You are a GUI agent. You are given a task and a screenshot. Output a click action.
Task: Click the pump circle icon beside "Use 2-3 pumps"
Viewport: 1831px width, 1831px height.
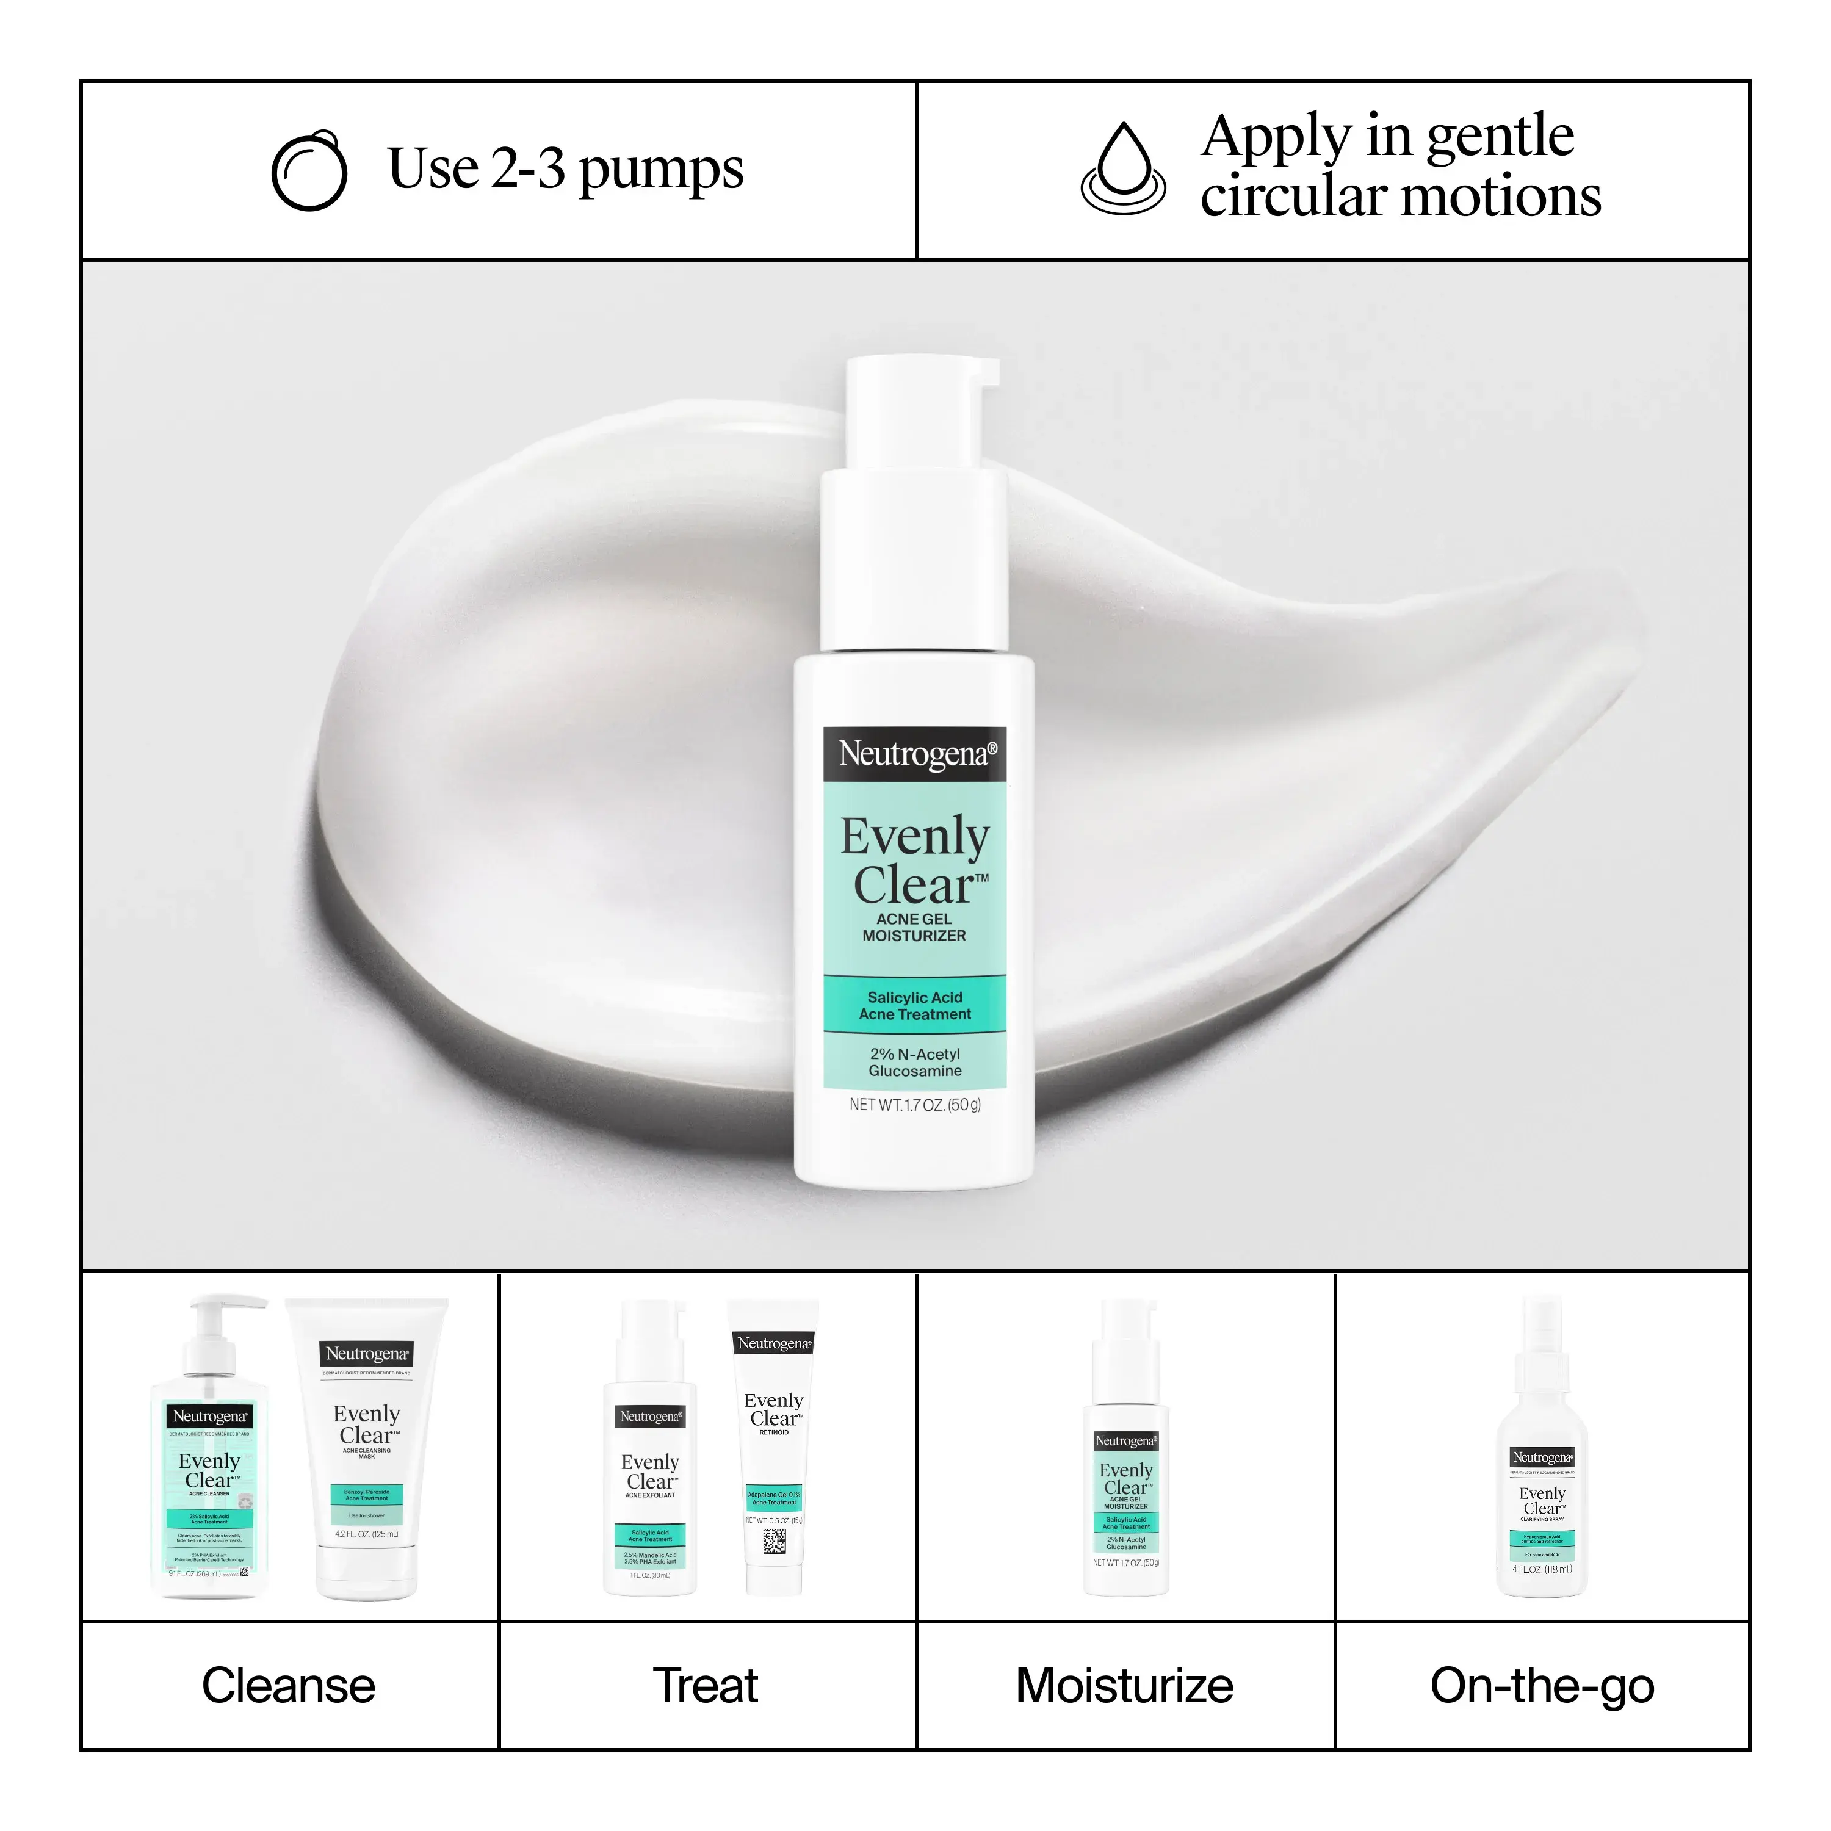(x=309, y=171)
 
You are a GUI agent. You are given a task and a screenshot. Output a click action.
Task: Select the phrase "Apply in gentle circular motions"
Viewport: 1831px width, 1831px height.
(x=1399, y=166)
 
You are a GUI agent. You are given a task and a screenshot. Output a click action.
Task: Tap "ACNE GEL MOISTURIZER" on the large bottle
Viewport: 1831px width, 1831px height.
(x=914, y=928)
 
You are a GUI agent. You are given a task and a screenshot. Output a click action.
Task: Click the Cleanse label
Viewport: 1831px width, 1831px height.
(x=289, y=1686)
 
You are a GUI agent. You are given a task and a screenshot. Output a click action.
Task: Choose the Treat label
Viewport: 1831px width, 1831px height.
(x=706, y=1686)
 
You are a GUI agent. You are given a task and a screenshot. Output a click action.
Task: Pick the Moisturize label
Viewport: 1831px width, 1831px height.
(x=1125, y=1686)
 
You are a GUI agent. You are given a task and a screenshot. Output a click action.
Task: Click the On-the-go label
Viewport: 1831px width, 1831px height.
(x=1542, y=1686)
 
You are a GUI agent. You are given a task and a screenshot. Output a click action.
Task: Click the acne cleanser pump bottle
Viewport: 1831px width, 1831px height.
(x=209, y=1469)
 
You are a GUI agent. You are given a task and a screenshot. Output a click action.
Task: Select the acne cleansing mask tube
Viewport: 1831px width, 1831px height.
(x=367, y=1450)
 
